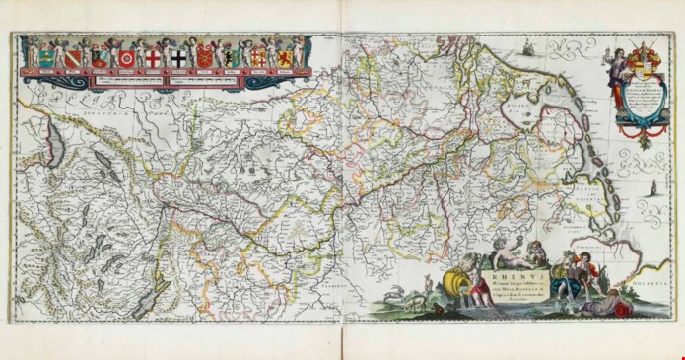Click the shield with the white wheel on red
[126, 58]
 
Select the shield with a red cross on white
[152, 58]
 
